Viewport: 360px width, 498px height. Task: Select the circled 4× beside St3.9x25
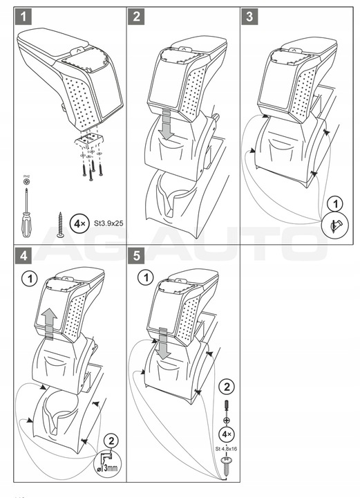tap(82, 225)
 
